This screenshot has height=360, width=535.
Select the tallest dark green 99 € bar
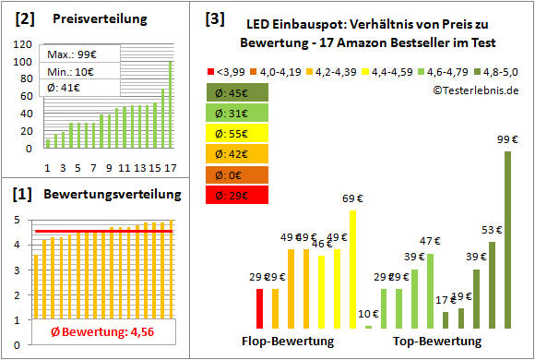click(507, 240)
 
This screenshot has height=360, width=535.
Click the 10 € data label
click(368, 313)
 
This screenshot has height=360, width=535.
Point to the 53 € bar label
click(492, 230)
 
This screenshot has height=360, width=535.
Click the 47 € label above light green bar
click(430, 242)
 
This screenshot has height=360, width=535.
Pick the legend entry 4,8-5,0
click(495, 69)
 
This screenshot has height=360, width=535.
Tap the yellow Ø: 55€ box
click(238, 133)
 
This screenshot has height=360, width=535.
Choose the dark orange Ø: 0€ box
click(238, 174)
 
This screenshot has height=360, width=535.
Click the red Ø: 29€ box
click(238, 195)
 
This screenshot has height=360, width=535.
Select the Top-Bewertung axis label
click(437, 342)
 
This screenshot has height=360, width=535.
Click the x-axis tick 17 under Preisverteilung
click(168, 167)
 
